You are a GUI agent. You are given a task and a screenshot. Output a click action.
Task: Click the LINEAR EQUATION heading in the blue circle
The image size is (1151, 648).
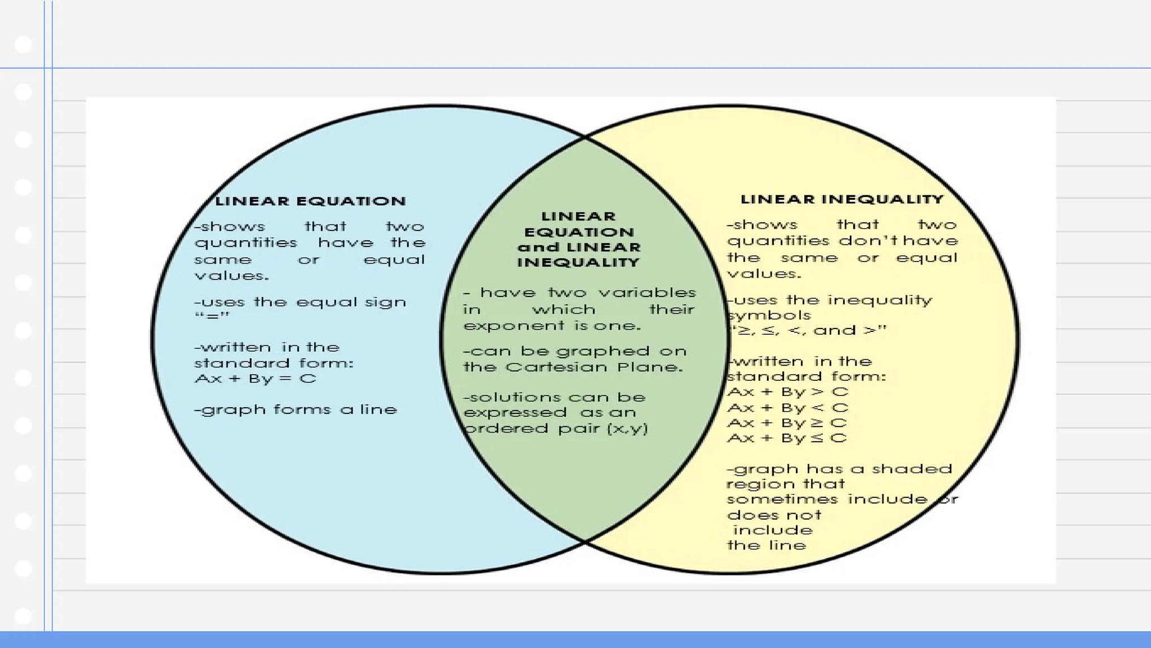311,201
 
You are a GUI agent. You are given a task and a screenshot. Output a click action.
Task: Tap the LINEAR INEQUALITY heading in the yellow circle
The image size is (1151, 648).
841,199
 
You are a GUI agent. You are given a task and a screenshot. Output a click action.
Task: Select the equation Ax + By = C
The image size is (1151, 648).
256,379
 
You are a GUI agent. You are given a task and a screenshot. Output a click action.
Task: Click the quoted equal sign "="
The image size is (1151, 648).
212,317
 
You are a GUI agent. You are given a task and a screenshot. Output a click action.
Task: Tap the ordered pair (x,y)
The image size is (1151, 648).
628,429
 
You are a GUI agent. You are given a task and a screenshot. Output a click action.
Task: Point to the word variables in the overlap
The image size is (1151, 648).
647,293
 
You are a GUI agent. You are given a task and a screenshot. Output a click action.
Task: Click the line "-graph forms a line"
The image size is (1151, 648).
296,410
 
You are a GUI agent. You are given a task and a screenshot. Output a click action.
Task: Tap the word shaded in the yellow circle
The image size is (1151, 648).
912,469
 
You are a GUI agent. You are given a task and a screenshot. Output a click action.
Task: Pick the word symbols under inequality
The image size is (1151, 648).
769,316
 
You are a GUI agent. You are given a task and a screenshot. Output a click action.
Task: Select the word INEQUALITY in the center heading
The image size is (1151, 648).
578,262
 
